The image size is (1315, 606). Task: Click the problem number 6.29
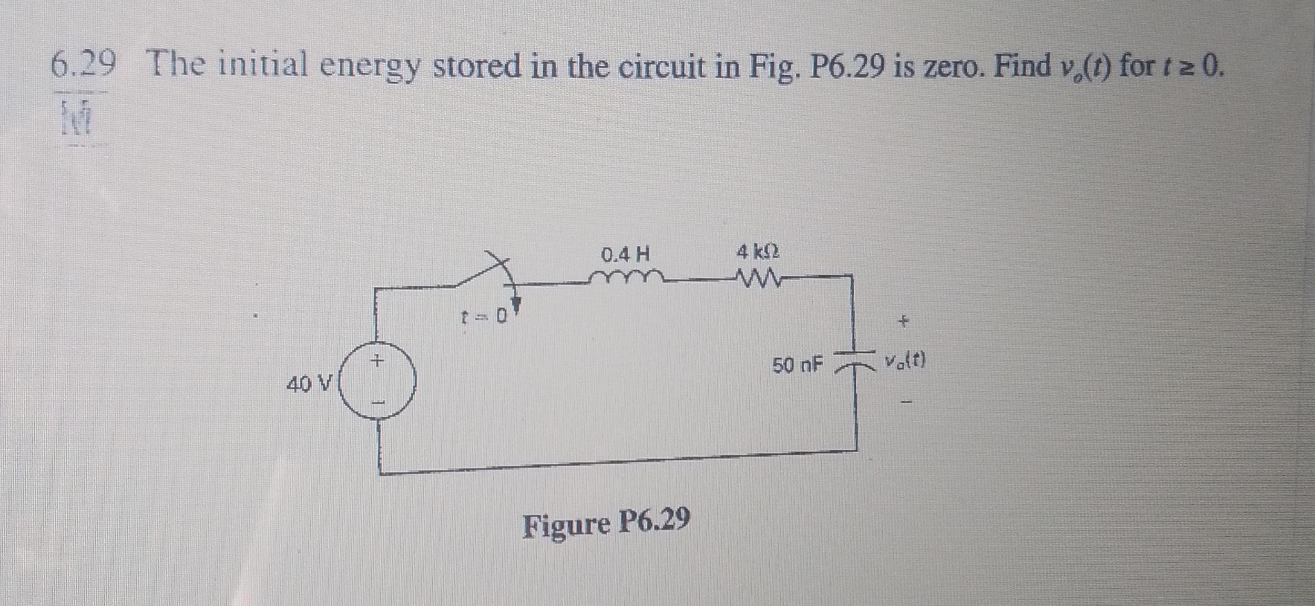pos(82,66)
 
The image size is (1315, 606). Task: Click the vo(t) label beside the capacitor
pos(905,360)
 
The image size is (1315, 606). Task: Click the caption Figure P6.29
pos(605,525)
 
